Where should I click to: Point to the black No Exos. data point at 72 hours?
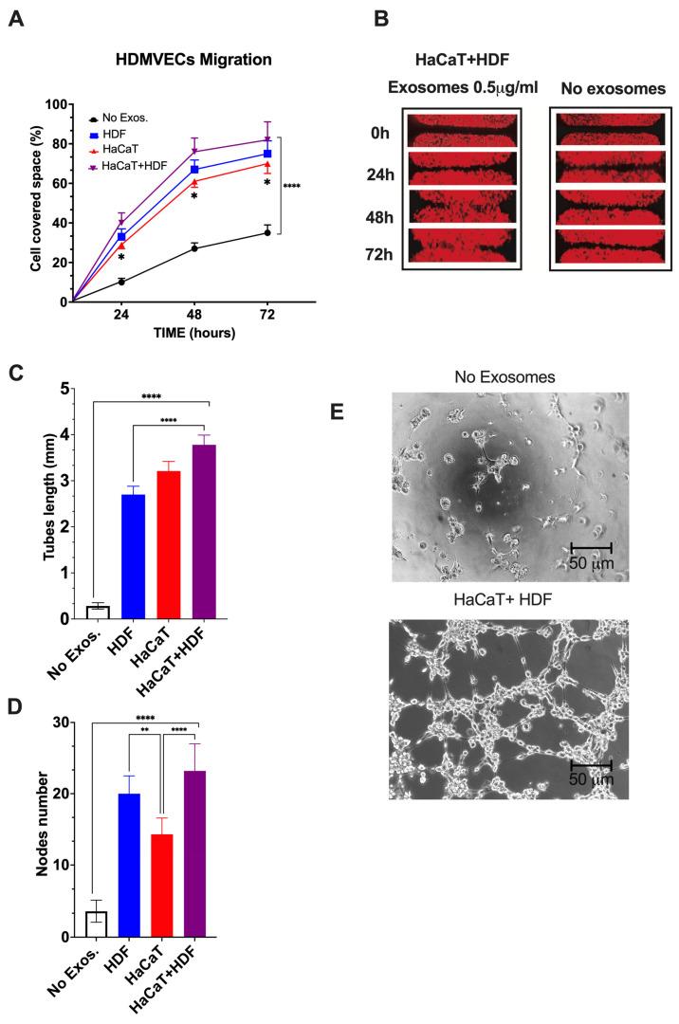267,232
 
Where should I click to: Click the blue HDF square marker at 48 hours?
194,169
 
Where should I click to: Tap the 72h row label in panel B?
375,245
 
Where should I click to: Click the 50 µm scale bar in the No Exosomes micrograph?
590,547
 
